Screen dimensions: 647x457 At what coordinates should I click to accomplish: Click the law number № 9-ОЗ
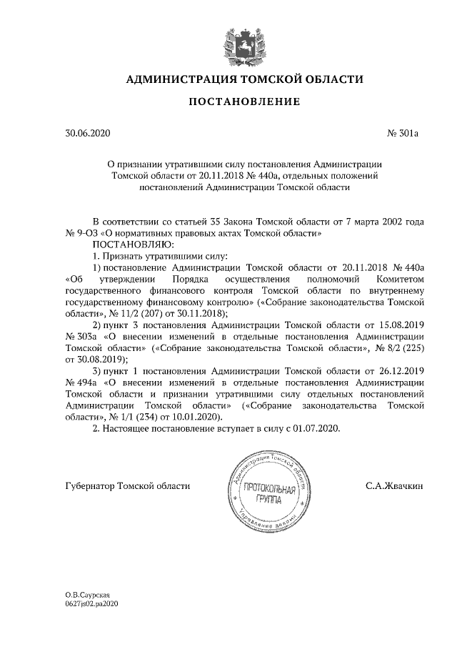tap(81, 233)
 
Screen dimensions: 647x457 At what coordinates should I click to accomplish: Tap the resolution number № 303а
tap(81, 336)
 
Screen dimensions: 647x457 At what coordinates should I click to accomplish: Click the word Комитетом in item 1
tap(402, 279)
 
